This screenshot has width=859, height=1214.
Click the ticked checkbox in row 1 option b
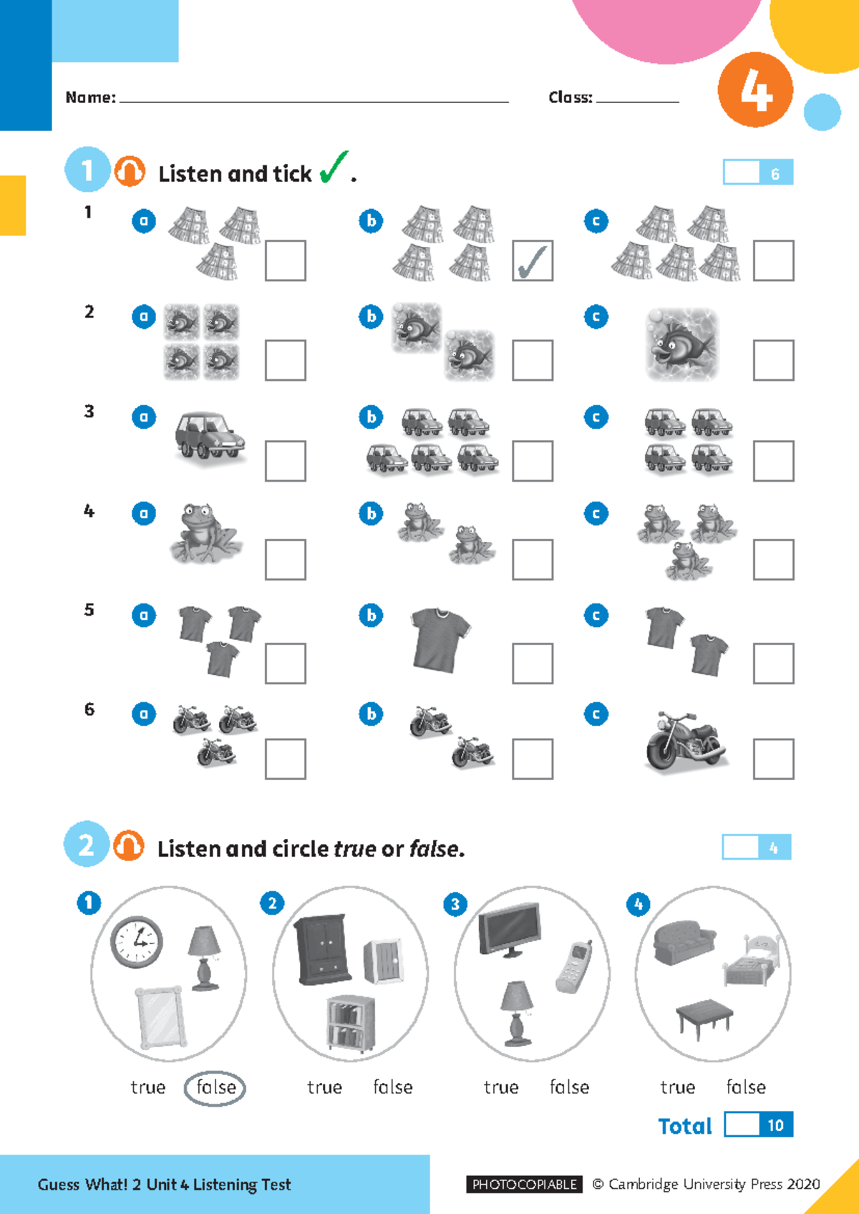point(533,261)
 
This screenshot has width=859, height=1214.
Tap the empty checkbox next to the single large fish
point(773,361)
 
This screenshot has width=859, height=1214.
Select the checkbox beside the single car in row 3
point(285,461)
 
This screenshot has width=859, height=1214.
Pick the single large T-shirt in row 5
point(440,639)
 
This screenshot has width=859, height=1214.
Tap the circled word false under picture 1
point(215,1088)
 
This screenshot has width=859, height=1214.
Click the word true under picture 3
point(501,1087)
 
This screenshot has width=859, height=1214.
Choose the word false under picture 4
point(746,1087)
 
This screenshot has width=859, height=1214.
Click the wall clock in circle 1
point(137,942)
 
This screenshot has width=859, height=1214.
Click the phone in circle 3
point(574,967)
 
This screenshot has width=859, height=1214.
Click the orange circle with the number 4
point(755,90)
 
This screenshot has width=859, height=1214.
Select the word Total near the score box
point(685,1126)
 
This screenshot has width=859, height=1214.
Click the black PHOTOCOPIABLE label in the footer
point(524,1184)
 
